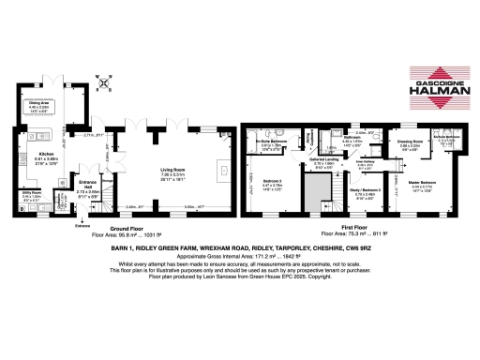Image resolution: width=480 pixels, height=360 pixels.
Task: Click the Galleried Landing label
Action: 323,161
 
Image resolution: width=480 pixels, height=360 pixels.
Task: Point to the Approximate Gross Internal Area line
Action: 239,254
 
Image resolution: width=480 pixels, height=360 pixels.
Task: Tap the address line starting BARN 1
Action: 239,246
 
